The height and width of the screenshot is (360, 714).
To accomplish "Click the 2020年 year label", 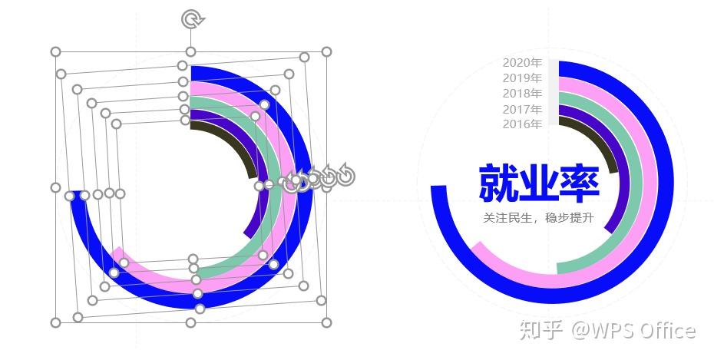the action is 522,63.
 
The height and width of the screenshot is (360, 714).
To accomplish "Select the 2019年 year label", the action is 522,78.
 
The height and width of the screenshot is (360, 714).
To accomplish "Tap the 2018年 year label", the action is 522,94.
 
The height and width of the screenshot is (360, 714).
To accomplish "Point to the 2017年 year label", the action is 522,109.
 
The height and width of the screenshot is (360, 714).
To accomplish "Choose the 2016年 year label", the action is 522,124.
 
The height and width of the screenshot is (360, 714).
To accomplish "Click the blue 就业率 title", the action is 539,183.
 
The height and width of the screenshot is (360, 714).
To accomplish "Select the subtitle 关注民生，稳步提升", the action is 539,218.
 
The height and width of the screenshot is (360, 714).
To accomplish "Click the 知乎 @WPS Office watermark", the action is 607,330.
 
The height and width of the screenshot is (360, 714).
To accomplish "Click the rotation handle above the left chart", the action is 191,19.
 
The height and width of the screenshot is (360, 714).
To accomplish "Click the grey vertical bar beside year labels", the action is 553,92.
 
